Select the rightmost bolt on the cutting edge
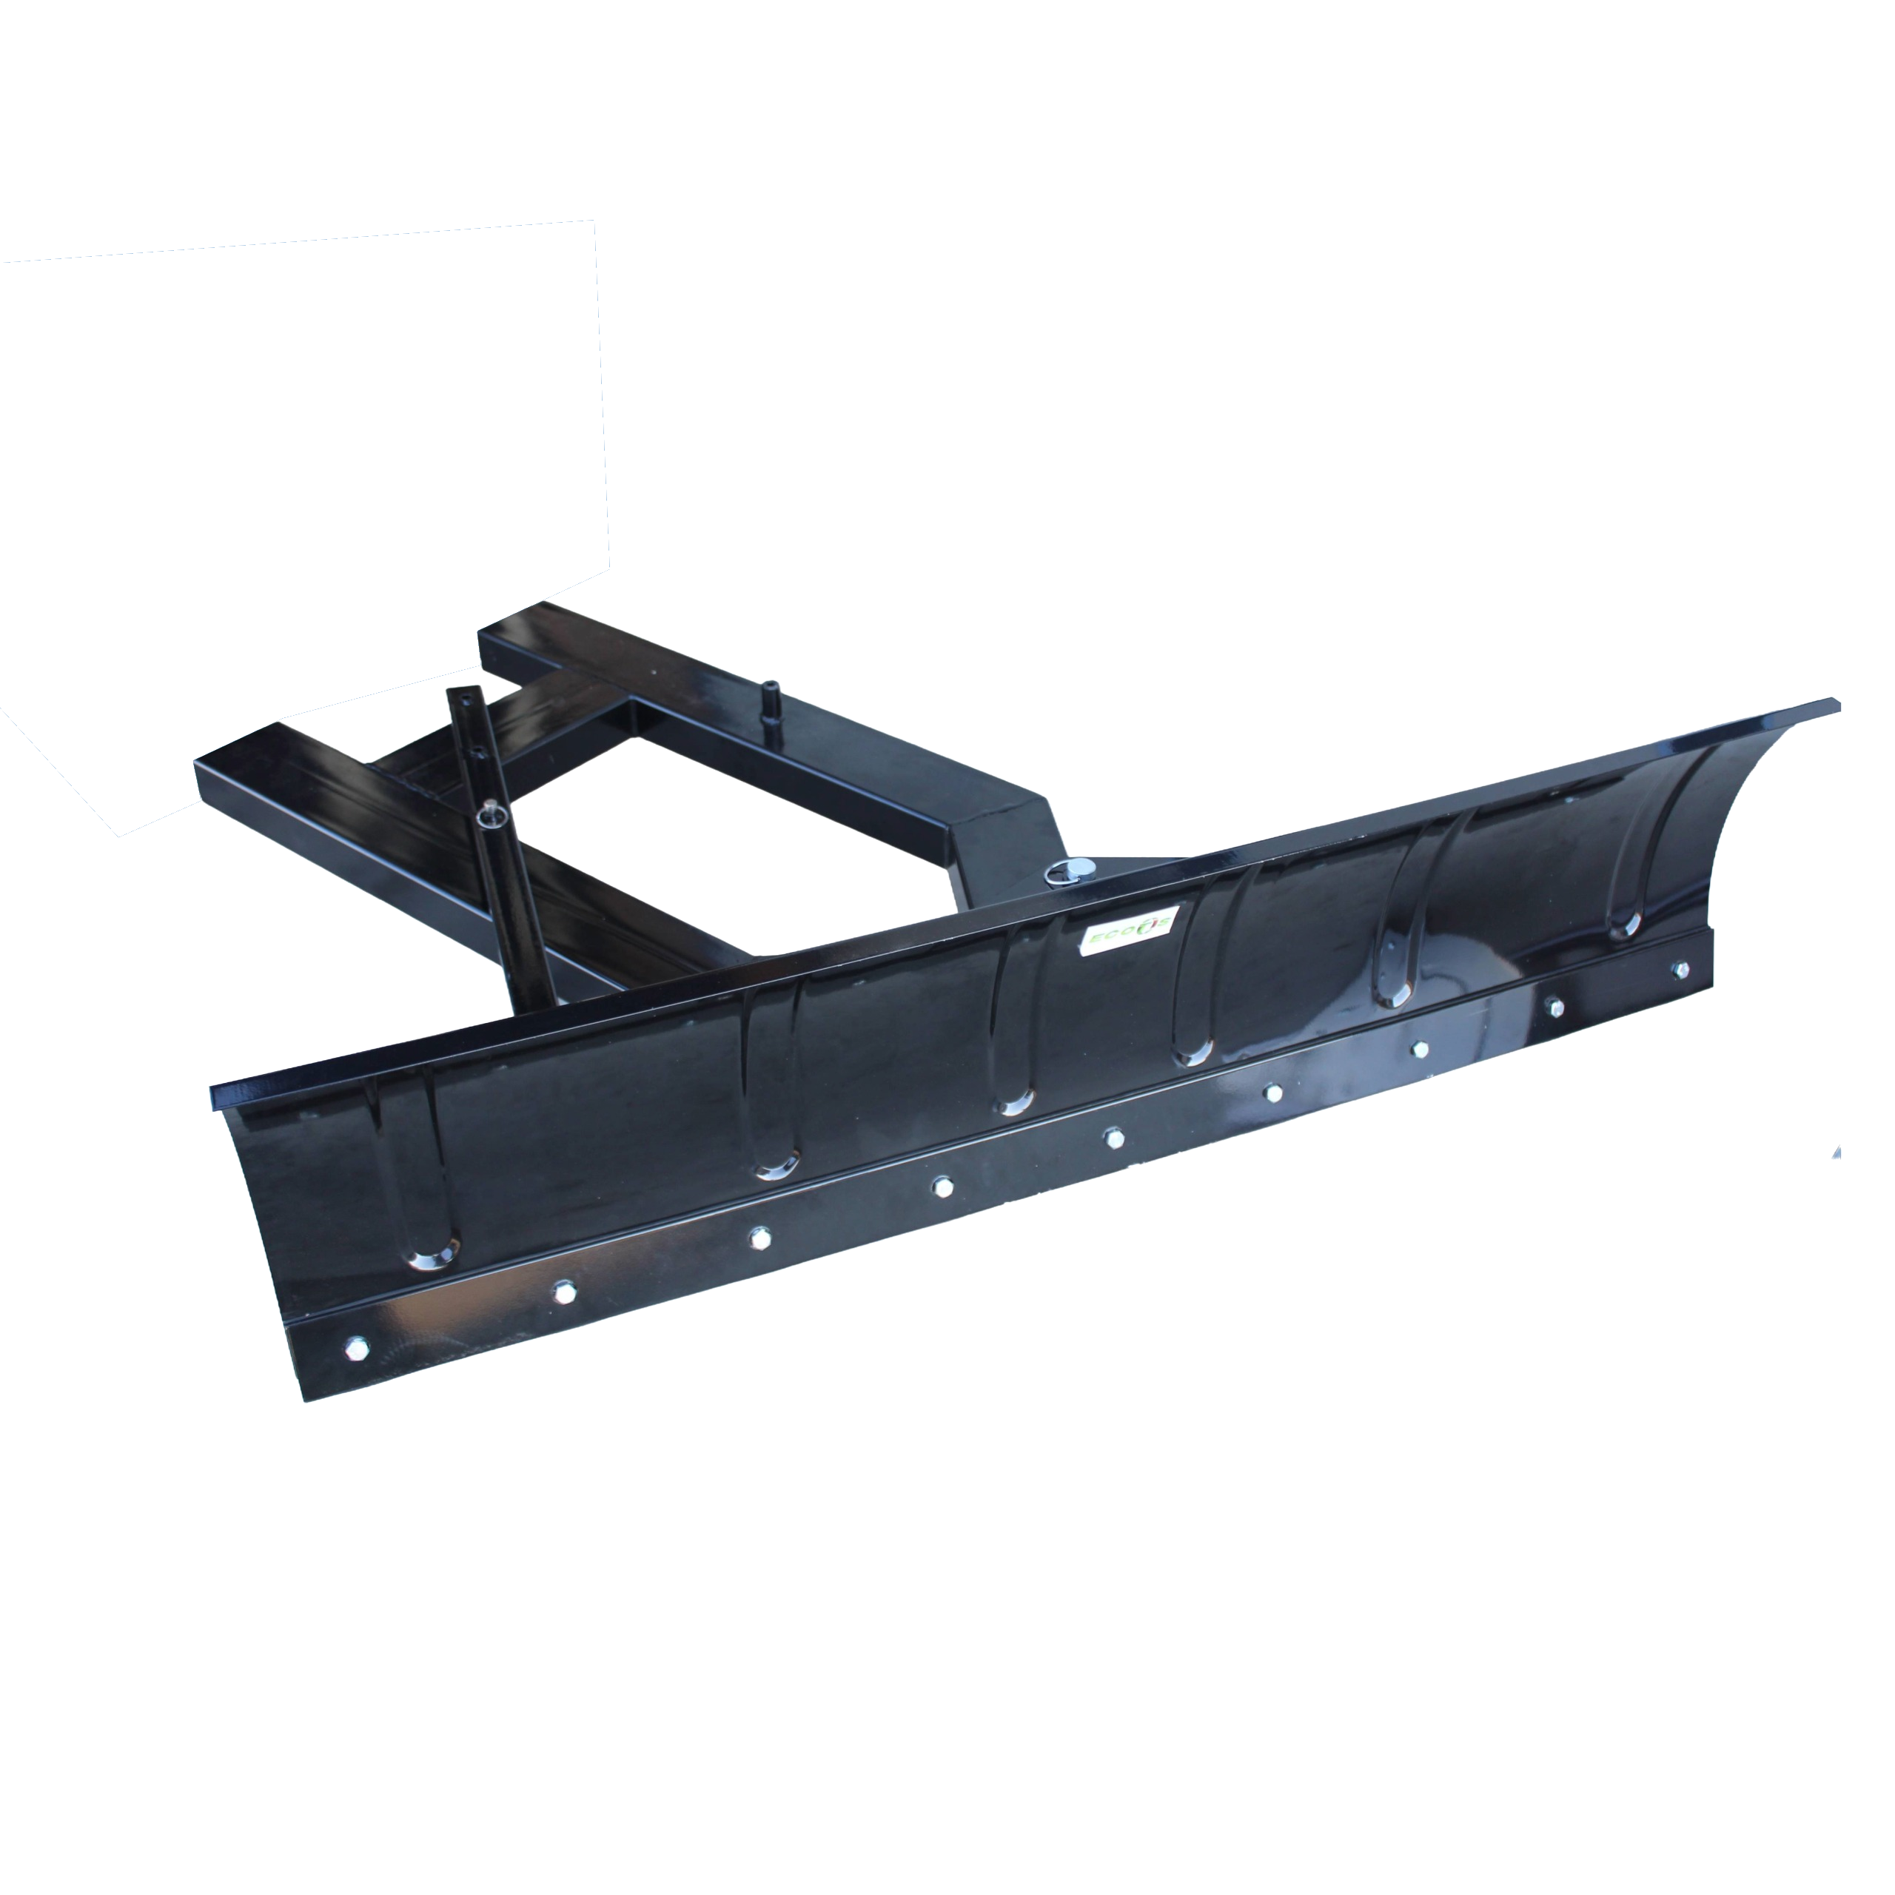[x=1680, y=968]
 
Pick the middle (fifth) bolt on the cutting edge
[x=1113, y=1138]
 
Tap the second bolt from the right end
[x=1554, y=1007]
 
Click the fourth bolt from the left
[x=942, y=1187]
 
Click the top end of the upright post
[x=457, y=694]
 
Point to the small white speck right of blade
[x=1837, y=1152]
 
